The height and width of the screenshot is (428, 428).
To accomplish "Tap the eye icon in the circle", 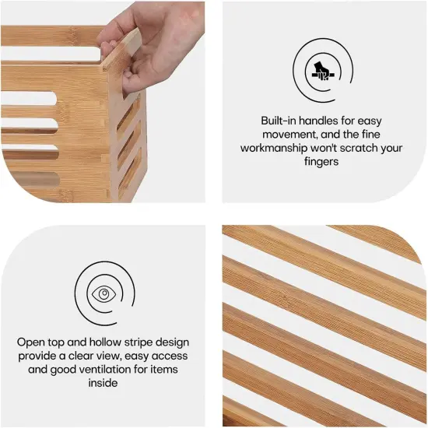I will [102, 293].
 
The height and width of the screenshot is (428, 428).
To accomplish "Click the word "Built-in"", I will [279, 121].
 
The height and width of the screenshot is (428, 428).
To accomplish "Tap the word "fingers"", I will [320, 160].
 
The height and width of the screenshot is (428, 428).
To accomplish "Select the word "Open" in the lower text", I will [32, 342].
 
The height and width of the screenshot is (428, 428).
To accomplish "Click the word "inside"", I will [102, 382].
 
